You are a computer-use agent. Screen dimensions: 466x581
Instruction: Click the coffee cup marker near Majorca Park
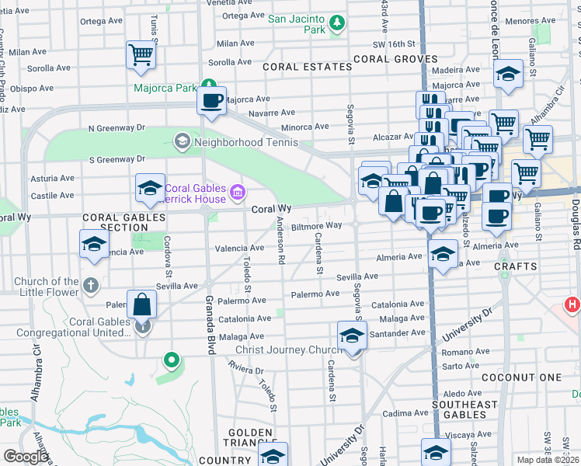coord(211,99)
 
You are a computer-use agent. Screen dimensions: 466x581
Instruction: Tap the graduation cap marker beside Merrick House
coord(150,188)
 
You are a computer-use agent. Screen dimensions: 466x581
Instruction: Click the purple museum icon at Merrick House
coord(238,191)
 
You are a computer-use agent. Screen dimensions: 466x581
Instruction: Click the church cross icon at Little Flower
coord(91,284)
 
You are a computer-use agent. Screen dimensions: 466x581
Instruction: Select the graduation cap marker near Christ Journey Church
coord(352,336)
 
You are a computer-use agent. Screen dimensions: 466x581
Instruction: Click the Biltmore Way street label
coord(316,225)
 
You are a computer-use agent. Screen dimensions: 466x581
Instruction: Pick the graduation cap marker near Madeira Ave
coord(509,75)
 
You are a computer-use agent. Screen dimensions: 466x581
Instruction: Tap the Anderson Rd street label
coord(281,240)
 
